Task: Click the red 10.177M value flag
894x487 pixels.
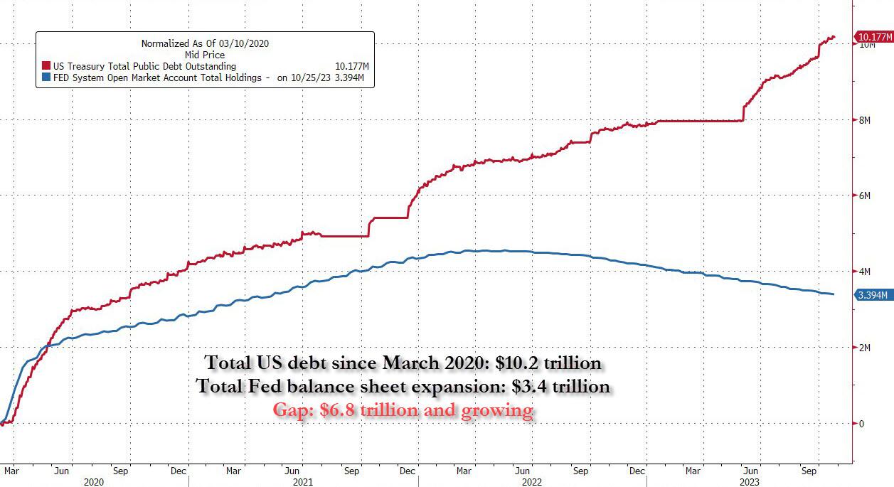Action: [x=875, y=37]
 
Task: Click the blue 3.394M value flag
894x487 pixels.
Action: [x=874, y=295]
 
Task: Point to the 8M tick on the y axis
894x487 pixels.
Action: [x=866, y=120]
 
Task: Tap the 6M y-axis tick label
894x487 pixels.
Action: [x=866, y=196]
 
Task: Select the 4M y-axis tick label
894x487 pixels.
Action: [x=866, y=272]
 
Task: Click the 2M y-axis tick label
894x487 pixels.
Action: [x=866, y=348]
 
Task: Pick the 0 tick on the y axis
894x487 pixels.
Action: [x=861, y=424]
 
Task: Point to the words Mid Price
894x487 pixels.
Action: [x=204, y=55]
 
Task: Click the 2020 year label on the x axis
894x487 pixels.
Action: [x=93, y=481]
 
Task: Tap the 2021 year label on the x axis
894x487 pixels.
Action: [x=303, y=481]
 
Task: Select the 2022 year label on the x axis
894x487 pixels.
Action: [x=532, y=481]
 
